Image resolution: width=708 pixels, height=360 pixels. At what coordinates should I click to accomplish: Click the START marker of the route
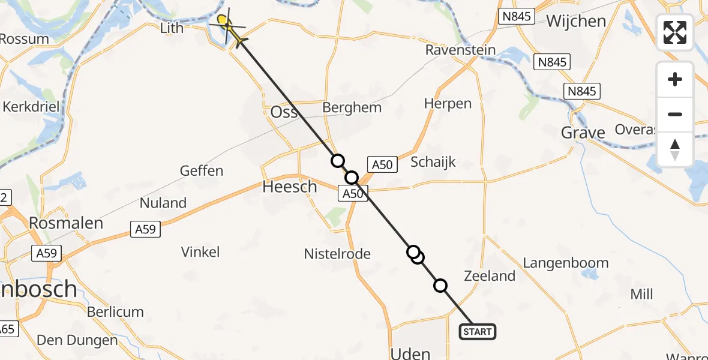click(478, 331)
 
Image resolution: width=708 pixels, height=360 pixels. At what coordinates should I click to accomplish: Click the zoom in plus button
click(675, 79)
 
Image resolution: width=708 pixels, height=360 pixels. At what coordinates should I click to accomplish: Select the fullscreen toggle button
click(675, 32)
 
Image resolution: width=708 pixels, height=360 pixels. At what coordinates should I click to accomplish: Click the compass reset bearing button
click(675, 149)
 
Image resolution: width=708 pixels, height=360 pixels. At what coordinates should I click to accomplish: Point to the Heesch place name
click(290, 187)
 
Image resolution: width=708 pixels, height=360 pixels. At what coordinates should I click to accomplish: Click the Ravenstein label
click(461, 50)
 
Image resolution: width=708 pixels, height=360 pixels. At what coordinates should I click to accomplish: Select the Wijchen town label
click(576, 21)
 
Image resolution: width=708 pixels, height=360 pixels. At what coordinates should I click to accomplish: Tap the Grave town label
click(583, 132)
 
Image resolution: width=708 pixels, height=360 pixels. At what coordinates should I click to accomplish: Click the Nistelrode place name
click(338, 254)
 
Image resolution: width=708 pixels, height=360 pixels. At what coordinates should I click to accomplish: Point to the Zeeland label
click(490, 275)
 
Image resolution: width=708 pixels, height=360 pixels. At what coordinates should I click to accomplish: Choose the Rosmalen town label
click(66, 223)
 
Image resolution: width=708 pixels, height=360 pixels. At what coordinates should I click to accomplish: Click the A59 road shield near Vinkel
click(146, 228)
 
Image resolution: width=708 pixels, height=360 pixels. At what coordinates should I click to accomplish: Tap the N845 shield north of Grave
click(582, 91)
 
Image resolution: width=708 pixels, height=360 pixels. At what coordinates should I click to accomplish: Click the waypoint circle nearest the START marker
click(440, 286)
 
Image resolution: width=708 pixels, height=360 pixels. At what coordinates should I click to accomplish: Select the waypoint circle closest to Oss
click(338, 160)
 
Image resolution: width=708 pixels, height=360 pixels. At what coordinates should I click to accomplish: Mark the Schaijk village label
click(433, 161)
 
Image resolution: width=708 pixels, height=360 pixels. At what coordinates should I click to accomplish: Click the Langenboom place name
click(566, 263)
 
